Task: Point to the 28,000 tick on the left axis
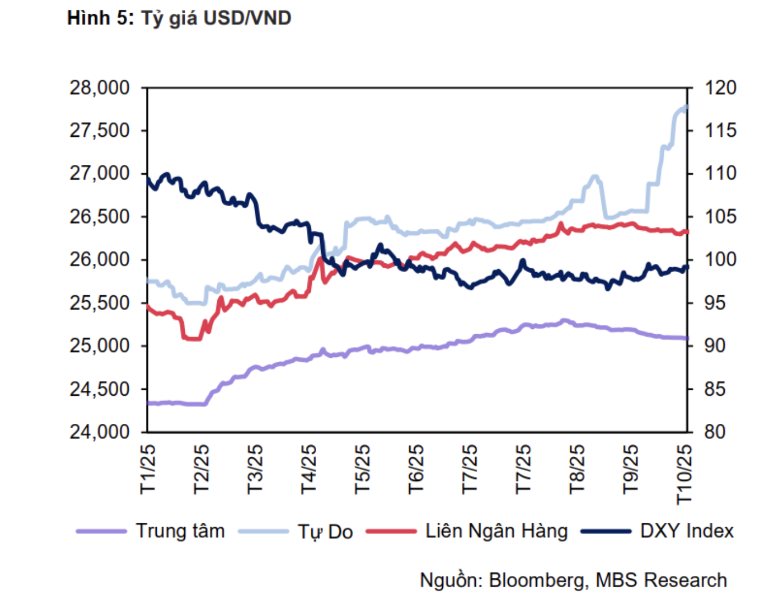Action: pos(100,87)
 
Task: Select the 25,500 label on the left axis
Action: pos(100,303)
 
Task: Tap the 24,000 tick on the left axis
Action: pos(100,432)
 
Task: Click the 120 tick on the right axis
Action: pos(720,87)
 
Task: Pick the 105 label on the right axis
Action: pos(720,217)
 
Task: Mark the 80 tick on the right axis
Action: pos(714,432)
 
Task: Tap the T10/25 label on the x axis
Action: pos(684,474)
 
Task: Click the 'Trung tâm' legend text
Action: pos(180,531)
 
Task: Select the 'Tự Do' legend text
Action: pos(325,532)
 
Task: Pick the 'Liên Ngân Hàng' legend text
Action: pos(496,531)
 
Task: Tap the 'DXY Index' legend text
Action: pos(686,531)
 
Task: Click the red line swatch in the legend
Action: pos(391,532)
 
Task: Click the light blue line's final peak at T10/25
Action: pos(686,107)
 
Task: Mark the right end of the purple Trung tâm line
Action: pos(687,338)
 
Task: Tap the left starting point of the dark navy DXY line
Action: pos(147,177)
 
